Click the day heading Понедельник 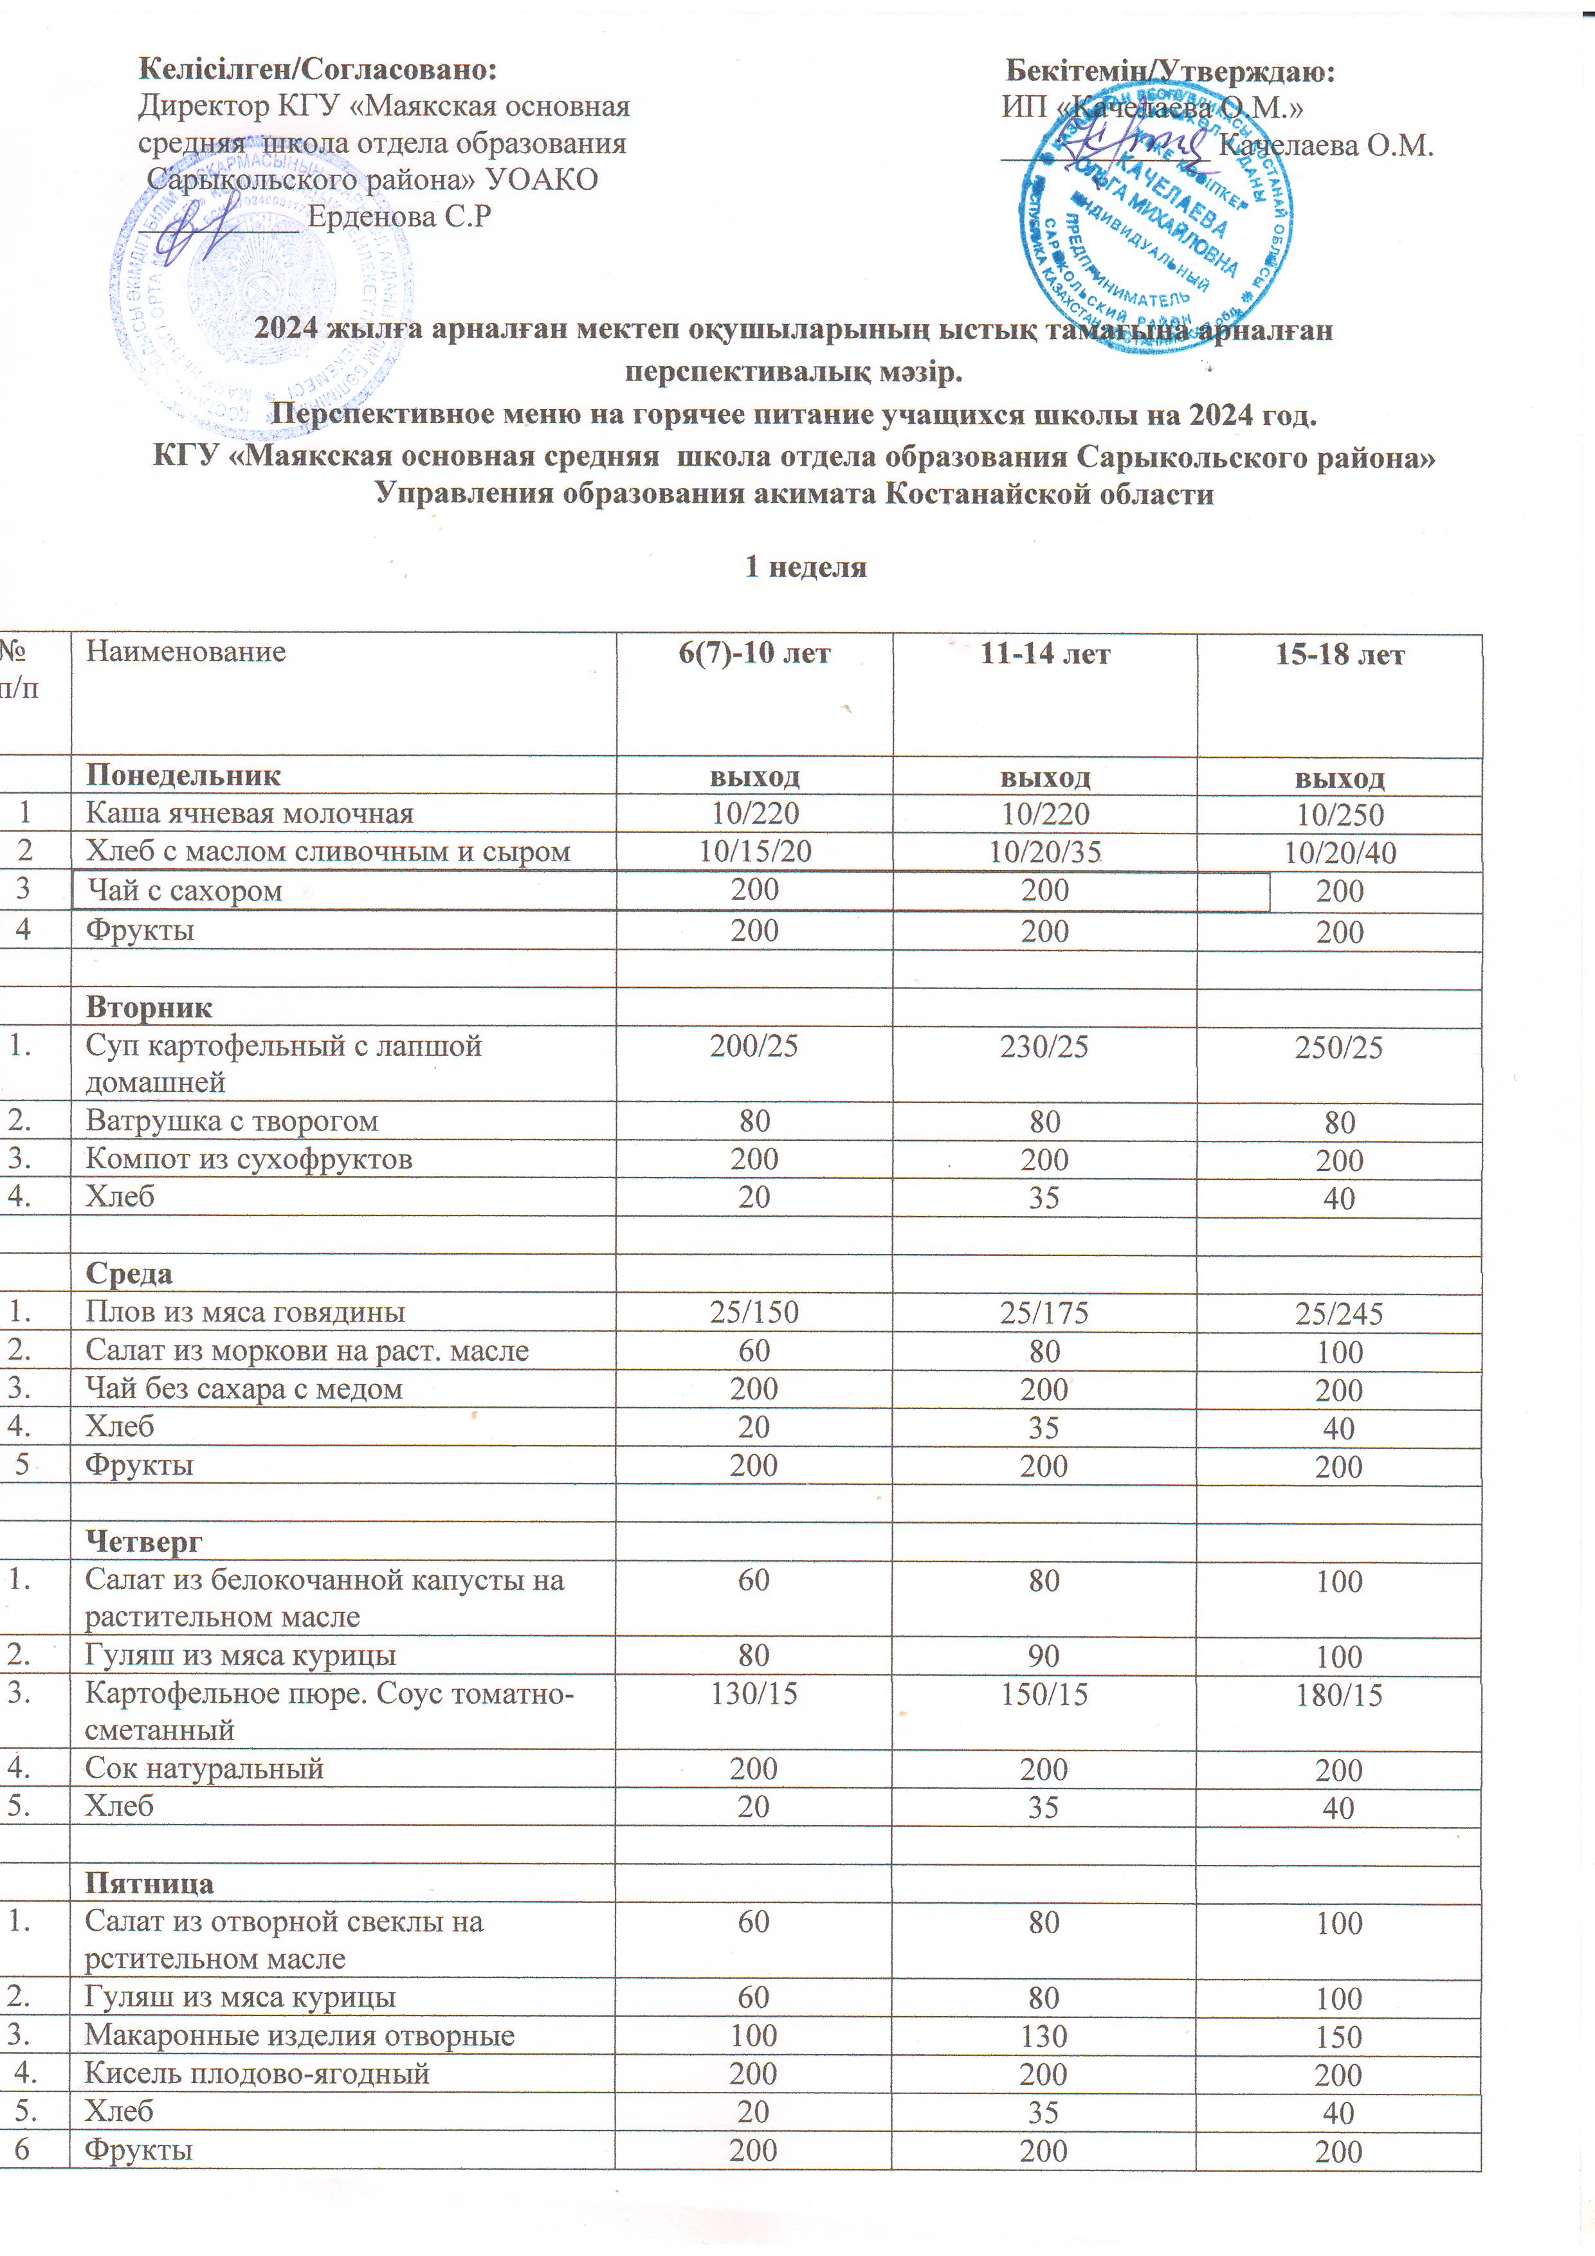(183, 775)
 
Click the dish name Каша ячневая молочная (250, 814)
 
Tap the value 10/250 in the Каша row (1340, 815)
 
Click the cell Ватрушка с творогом (232, 1121)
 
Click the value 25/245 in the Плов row (1338, 1314)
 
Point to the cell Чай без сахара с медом (244, 1389)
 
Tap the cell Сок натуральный (205, 1769)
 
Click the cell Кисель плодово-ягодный (257, 2073)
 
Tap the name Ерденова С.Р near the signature (399, 216)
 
